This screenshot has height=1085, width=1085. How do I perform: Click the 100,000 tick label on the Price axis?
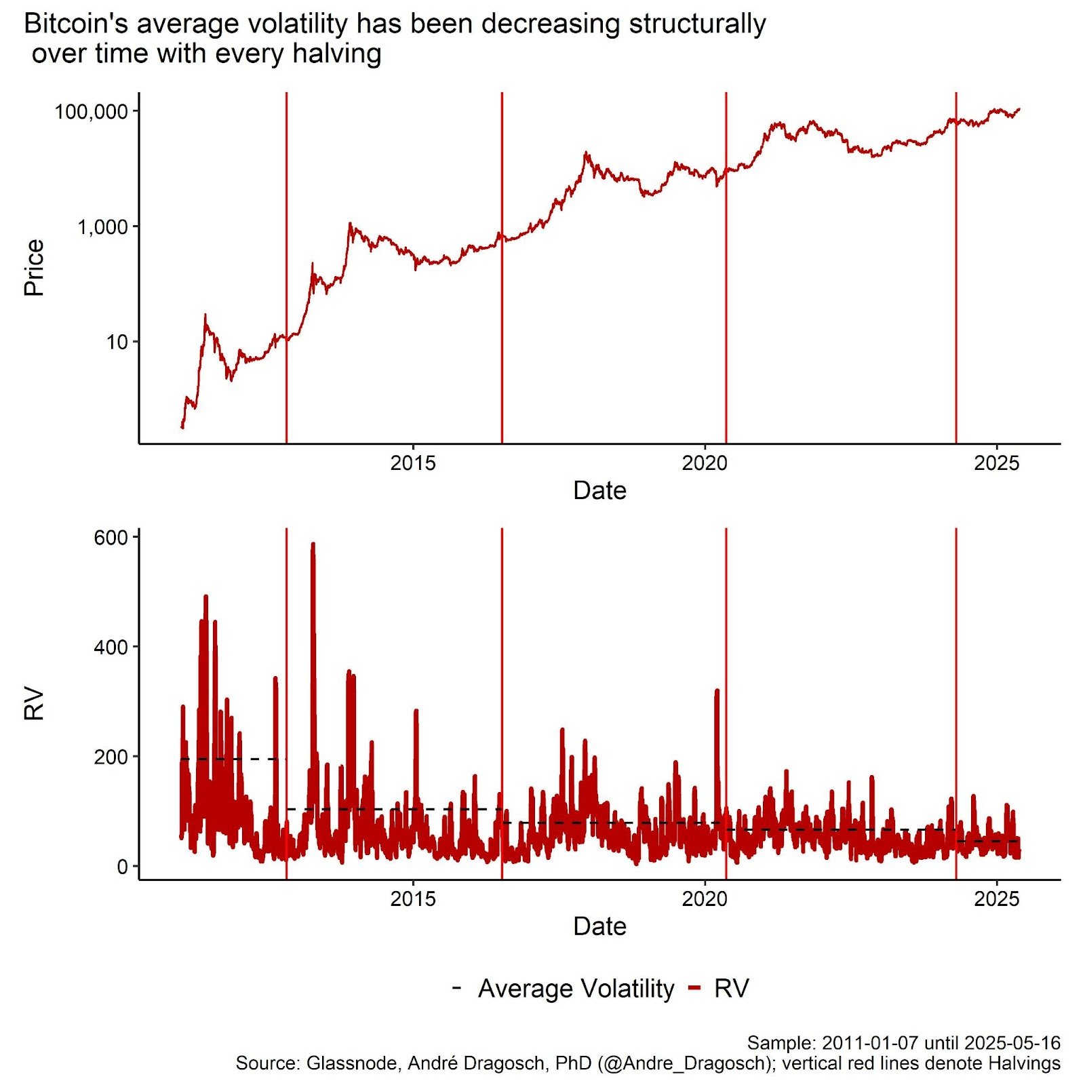[x=91, y=111]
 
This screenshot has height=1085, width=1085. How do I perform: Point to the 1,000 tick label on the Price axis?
[x=102, y=226]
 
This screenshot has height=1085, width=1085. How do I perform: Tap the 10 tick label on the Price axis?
[x=117, y=342]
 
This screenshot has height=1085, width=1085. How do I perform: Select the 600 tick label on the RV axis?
[x=111, y=538]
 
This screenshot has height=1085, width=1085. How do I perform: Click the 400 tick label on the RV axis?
[x=111, y=647]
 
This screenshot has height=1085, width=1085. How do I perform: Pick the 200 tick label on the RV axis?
[x=111, y=757]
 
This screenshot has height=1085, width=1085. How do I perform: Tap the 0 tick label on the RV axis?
[x=123, y=867]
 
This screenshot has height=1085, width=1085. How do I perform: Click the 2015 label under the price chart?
[x=413, y=463]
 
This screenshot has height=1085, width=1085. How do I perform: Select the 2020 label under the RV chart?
[x=705, y=899]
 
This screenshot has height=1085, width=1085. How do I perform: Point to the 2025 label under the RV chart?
[x=997, y=899]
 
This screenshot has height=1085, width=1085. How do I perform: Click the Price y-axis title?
[x=34, y=267]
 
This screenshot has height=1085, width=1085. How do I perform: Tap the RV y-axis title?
[x=34, y=704]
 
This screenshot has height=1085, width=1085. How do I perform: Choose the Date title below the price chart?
[x=599, y=490]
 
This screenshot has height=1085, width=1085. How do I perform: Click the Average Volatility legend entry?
[x=576, y=989]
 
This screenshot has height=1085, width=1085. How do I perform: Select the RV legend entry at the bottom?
[x=731, y=989]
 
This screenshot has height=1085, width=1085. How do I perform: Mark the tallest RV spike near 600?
[x=313, y=545]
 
